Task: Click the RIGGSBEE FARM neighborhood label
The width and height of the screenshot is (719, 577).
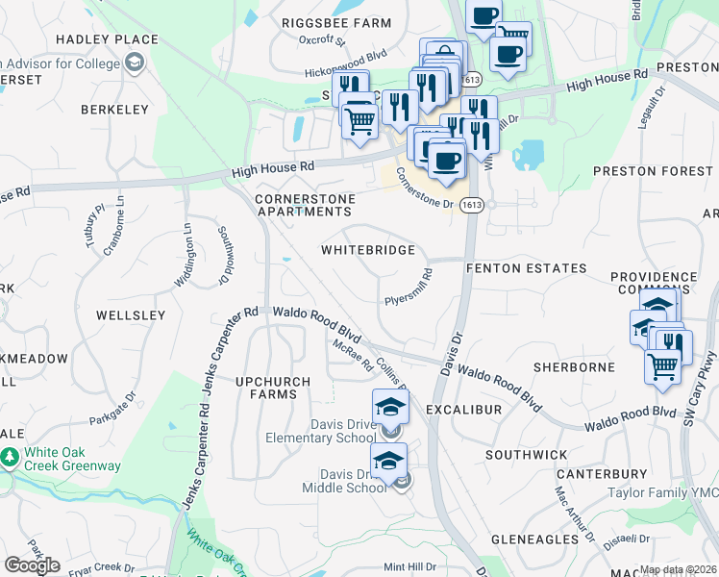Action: point(336,23)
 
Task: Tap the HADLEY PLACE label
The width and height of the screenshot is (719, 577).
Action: point(107,39)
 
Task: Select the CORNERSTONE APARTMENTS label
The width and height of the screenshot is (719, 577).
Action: point(304,205)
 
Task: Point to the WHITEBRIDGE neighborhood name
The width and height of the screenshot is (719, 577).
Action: point(368,250)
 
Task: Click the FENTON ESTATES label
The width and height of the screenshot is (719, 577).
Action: point(526,268)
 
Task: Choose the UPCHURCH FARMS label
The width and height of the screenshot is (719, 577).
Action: point(273,388)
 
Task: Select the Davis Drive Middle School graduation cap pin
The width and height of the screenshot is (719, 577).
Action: point(388,462)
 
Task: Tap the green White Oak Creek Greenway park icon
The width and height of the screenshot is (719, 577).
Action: point(10,458)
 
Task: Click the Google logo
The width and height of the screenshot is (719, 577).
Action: point(32,565)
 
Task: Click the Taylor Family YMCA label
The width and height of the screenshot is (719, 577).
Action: point(663,492)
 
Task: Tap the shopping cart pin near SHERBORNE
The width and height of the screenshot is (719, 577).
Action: point(662,366)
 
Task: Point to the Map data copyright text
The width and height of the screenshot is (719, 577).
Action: point(678,570)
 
